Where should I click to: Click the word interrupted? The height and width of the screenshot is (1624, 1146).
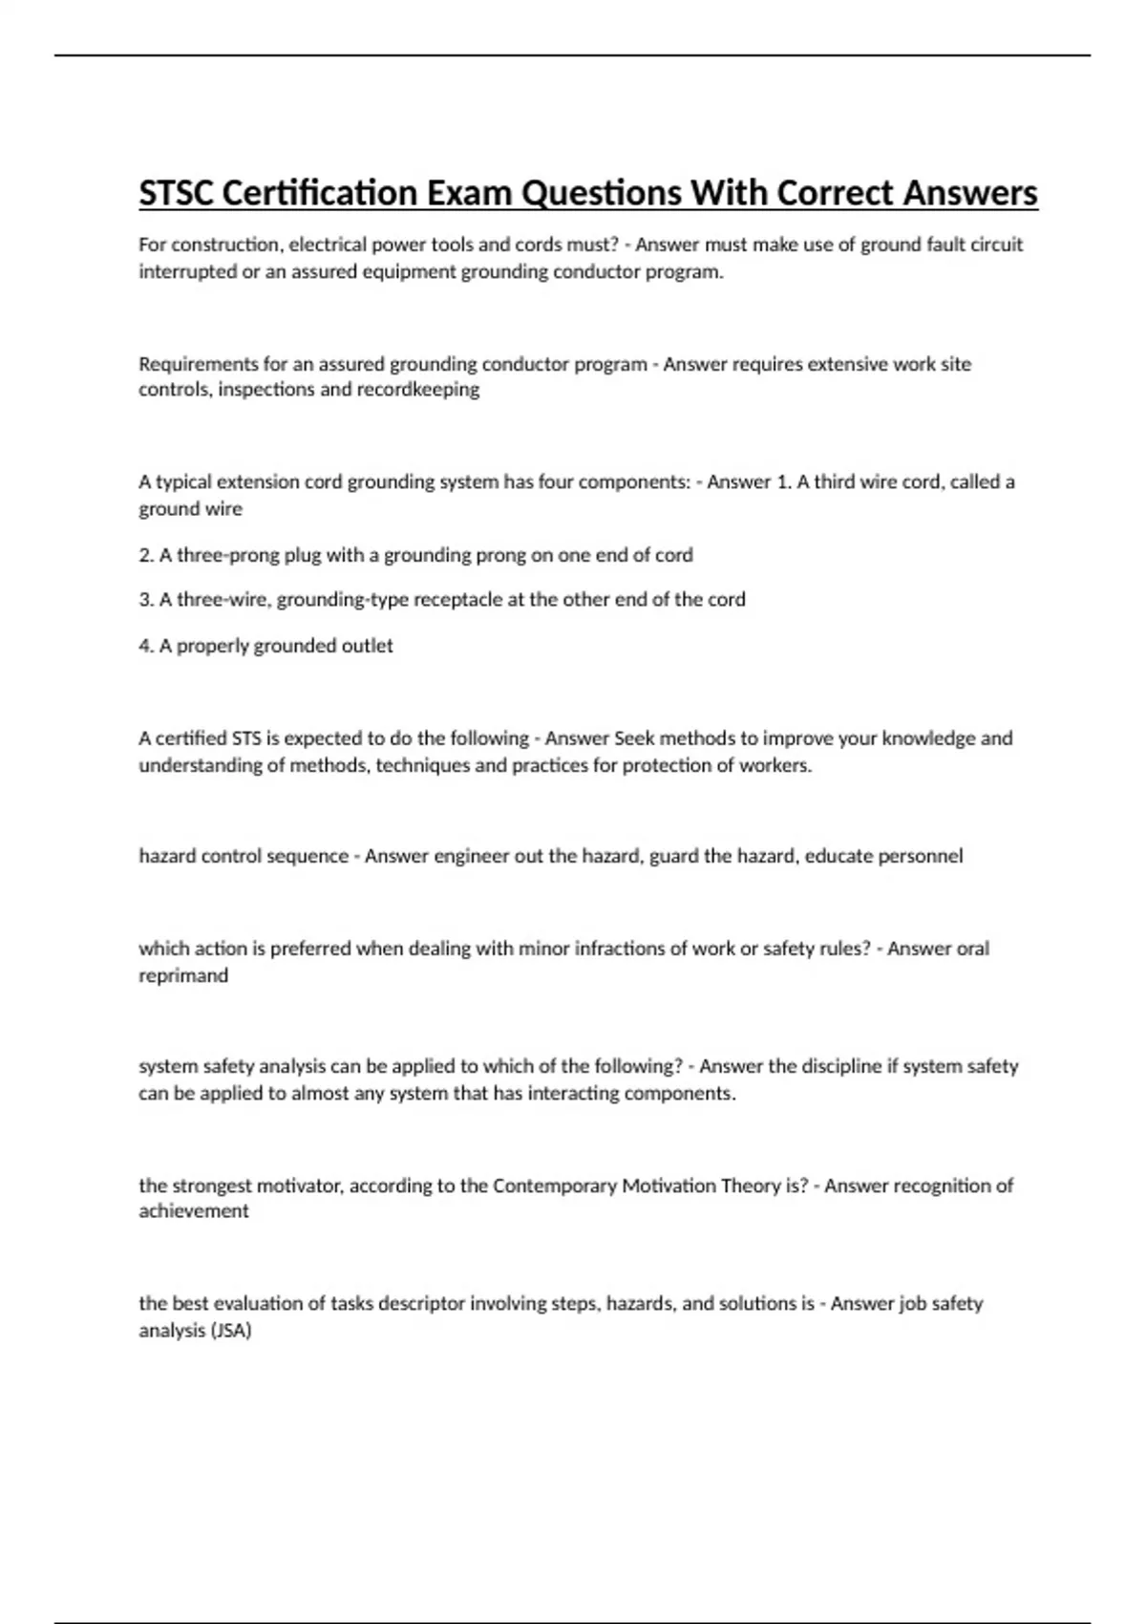(x=186, y=271)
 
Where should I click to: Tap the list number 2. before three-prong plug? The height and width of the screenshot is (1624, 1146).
(x=147, y=555)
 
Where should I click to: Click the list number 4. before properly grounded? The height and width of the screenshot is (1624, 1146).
(x=147, y=646)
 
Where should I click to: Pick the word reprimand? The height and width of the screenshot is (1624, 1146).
(x=183, y=975)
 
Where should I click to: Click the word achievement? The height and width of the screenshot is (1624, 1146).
(x=194, y=1211)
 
